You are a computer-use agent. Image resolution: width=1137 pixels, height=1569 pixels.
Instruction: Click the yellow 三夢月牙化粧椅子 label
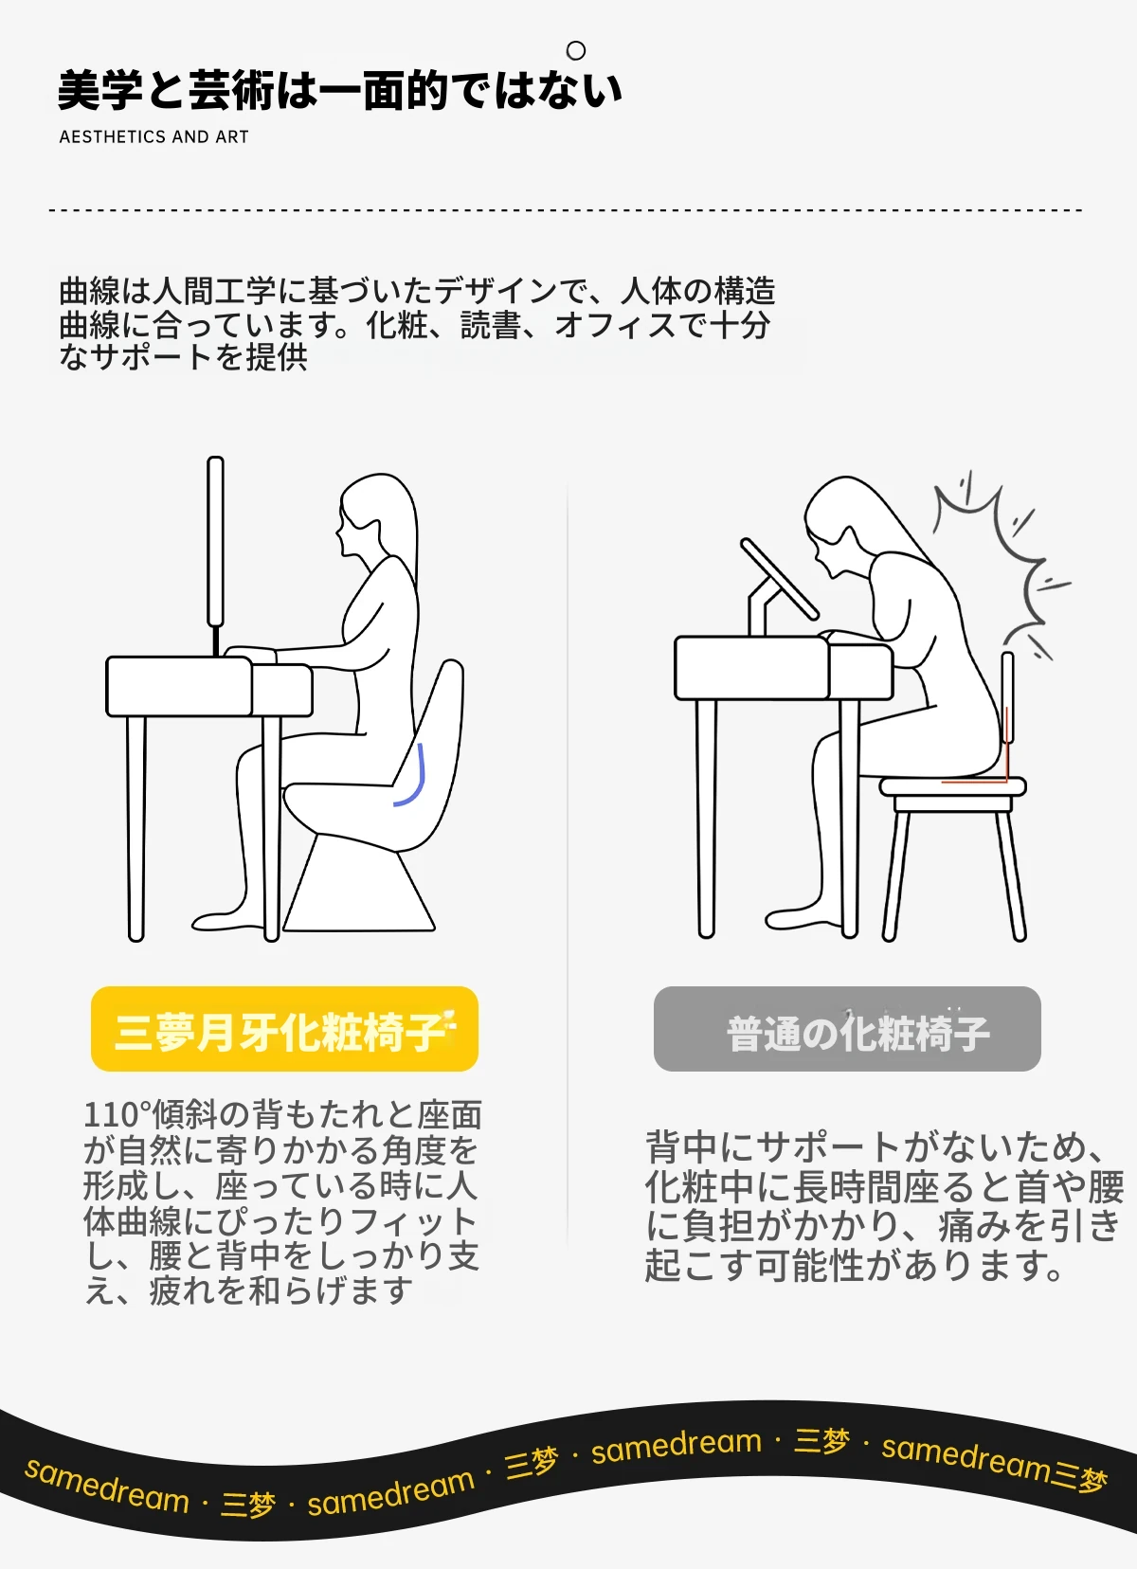click(x=284, y=1028)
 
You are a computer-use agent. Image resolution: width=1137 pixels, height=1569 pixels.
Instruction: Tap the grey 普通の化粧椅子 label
click(x=847, y=1028)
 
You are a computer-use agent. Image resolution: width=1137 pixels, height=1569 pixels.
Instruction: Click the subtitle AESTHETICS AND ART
click(x=154, y=136)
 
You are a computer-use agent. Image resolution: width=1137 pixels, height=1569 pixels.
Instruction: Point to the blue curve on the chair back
click(x=413, y=776)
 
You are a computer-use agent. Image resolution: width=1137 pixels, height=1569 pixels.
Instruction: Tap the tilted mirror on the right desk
click(x=779, y=579)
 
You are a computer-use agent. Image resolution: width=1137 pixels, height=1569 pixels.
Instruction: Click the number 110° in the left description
click(x=117, y=1114)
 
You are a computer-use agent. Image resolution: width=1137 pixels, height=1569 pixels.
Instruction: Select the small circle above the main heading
click(x=576, y=50)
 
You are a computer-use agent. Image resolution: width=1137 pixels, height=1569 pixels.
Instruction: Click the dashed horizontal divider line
click(x=566, y=209)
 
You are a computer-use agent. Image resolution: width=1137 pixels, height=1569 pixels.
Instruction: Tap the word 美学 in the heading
click(x=100, y=91)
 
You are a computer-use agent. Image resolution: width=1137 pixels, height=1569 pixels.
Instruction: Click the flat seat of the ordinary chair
click(x=953, y=785)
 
